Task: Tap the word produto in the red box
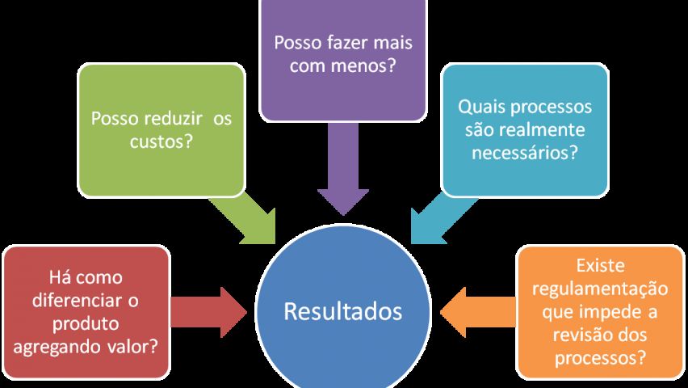point(86,323)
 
